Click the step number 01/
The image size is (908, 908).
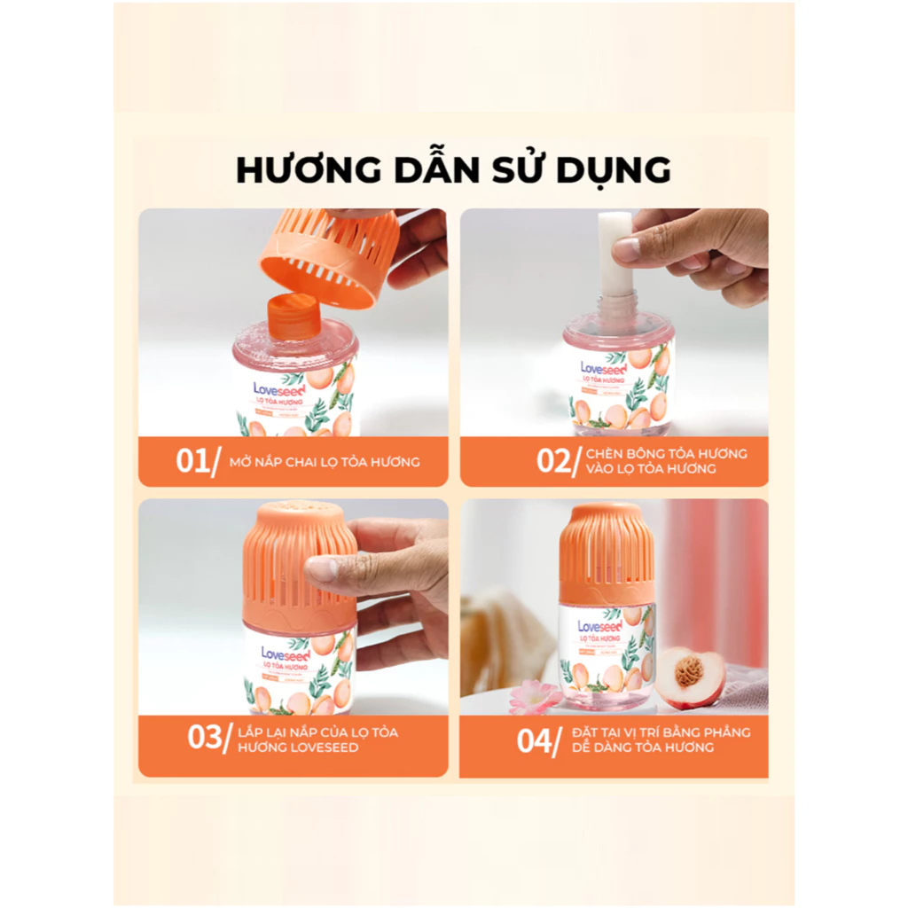pos(196,461)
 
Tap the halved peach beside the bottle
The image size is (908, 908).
pos(692,677)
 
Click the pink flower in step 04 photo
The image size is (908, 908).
pos(536,696)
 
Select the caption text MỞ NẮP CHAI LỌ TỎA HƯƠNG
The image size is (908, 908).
pos(324,462)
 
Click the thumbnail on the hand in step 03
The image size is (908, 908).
pos(323,568)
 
